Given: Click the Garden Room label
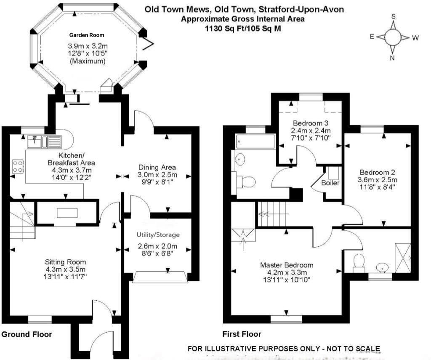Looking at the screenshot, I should point(87,35).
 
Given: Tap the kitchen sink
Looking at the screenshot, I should point(34,142).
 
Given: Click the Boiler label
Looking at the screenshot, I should point(330,183).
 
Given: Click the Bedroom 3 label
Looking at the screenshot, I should point(311,123).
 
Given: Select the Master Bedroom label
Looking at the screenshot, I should point(287,265).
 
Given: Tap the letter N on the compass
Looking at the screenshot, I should point(392,58).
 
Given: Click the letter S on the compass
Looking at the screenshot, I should point(394,16).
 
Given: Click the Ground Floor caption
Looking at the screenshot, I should point(27,335).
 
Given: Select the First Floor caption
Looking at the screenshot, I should point(242,334).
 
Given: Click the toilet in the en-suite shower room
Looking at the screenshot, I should point(359,261).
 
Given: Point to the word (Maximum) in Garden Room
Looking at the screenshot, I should point(87,61).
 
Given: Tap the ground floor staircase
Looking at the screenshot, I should point(21,221).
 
